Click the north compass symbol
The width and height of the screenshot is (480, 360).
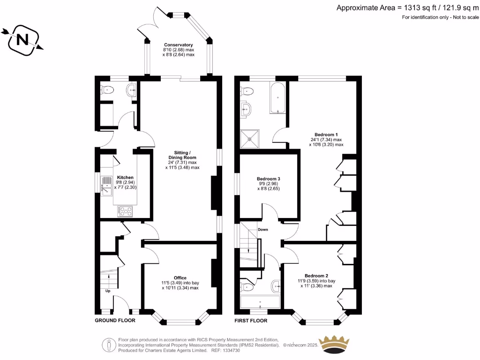click(22, 40)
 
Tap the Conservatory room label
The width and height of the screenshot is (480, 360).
click(178, 45)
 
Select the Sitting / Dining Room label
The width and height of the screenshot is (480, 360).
click(182, 155)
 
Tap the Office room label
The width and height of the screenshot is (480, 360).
click(180, 278)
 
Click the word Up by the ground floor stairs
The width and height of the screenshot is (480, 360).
click(108, 291)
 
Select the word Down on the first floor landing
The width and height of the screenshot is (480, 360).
click(262, 230)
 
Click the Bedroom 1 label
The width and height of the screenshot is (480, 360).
click(326, 134)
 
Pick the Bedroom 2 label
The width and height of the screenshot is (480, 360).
click(316, 276)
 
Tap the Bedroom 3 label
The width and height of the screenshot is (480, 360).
click(269, 179)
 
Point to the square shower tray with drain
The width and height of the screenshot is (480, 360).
click(250, 138)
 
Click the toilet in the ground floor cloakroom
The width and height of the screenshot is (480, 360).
click(107, 90)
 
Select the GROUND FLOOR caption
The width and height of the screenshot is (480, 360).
click(115, 321)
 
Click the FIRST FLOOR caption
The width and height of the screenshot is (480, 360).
click(251, 321)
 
